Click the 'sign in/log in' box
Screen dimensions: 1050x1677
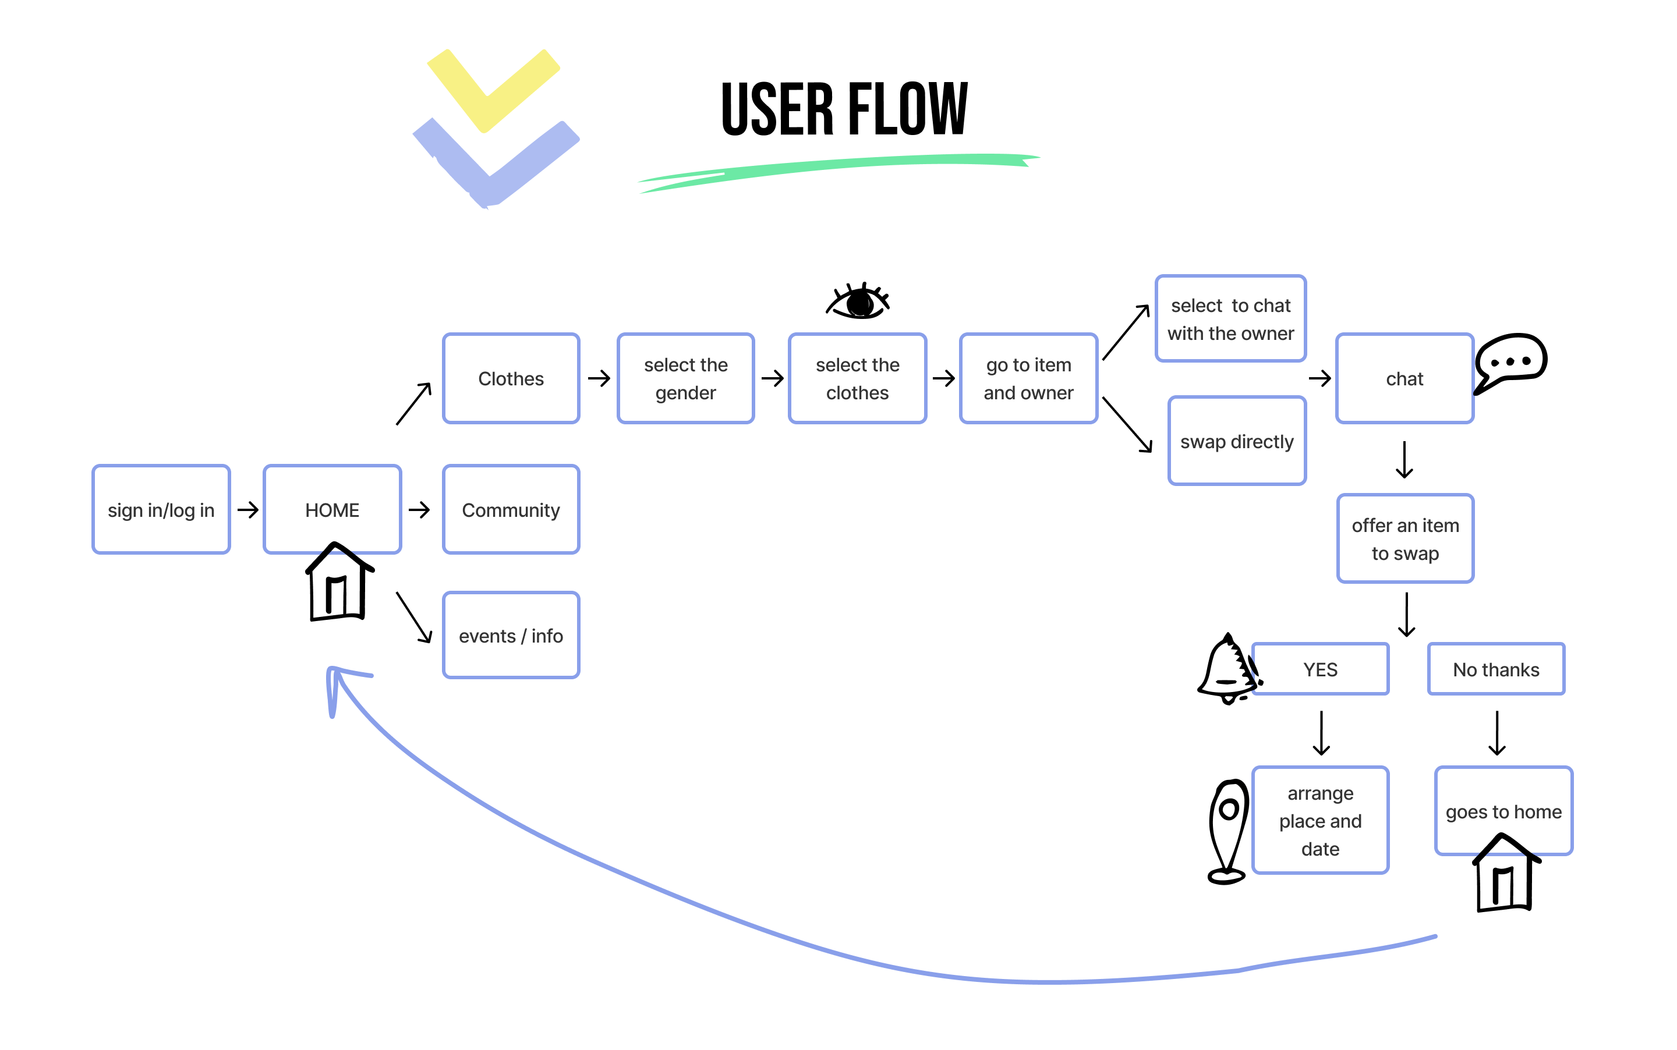click(161, 510)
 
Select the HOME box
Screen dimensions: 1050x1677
click(332, 510)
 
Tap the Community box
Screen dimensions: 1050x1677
click(511, 510)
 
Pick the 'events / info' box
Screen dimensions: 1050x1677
click(511, 636)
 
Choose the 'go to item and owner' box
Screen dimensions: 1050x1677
click(1028, 378)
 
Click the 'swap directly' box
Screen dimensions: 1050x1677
click(1237, 441)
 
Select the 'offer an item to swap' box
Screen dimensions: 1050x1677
click(1404, 539)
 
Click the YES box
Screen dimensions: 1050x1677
click(1320, 669)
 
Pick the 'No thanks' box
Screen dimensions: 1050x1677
click(1496, 669)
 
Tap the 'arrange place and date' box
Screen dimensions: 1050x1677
click(1320, 820)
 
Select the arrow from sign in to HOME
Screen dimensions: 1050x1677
click(247, 510)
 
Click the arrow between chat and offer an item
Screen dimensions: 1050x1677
click(1404, 460)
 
